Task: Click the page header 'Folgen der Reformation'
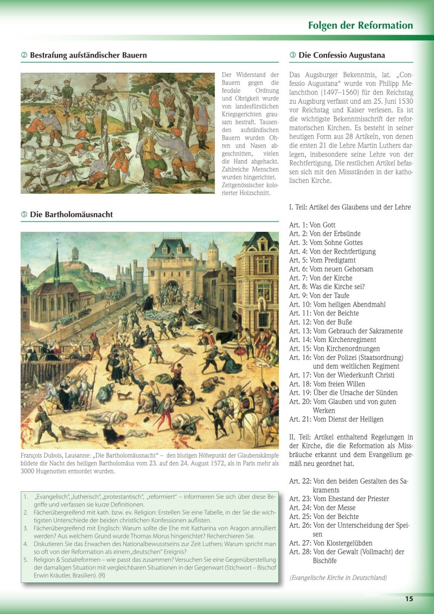pos(360,26)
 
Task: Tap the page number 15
pos(409,599)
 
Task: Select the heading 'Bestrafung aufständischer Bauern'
pos(88,55)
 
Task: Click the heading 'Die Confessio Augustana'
pos(341,55)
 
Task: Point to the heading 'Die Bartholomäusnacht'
pos(71,214)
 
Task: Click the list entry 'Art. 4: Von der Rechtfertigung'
pos(332,251)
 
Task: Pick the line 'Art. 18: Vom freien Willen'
pos(327,384)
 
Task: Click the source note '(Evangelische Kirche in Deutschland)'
pos(338,578)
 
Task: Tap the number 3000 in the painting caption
pos(30,471)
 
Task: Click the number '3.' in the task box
pos(25,528)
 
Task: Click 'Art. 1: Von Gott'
pos(312,225)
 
